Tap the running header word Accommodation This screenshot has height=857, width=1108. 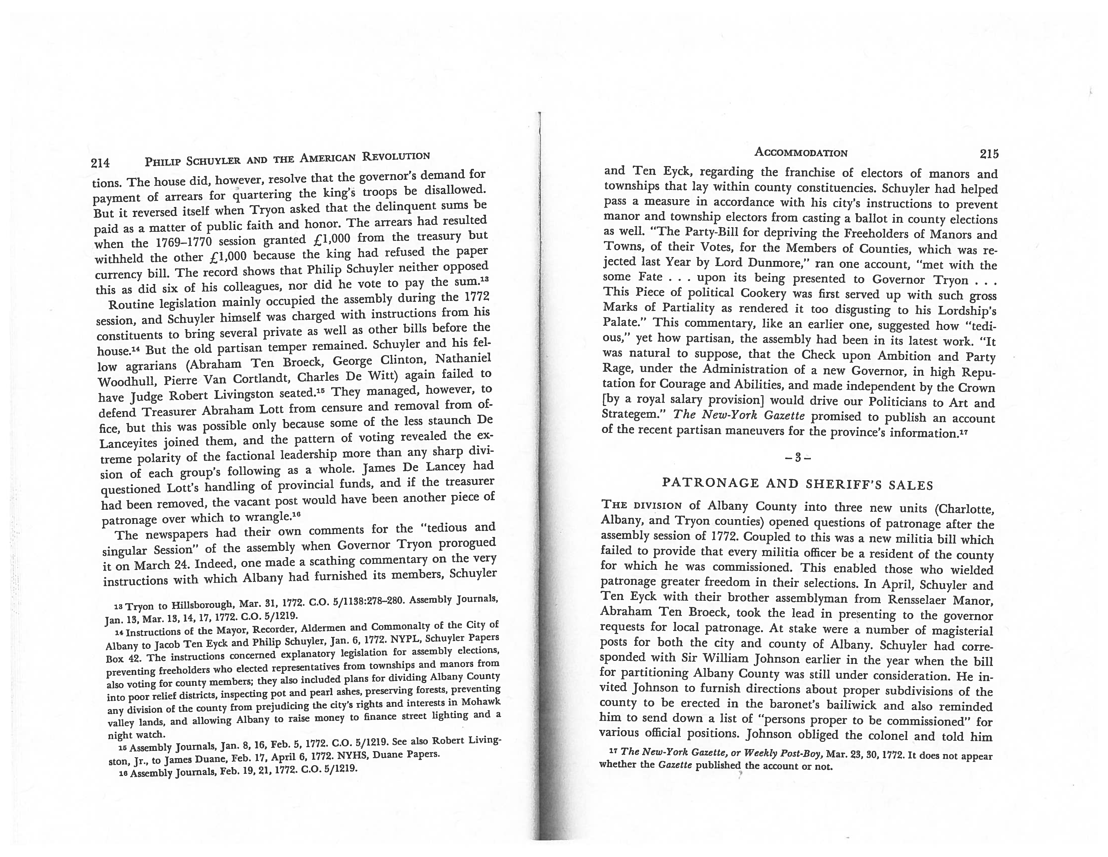801,152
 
